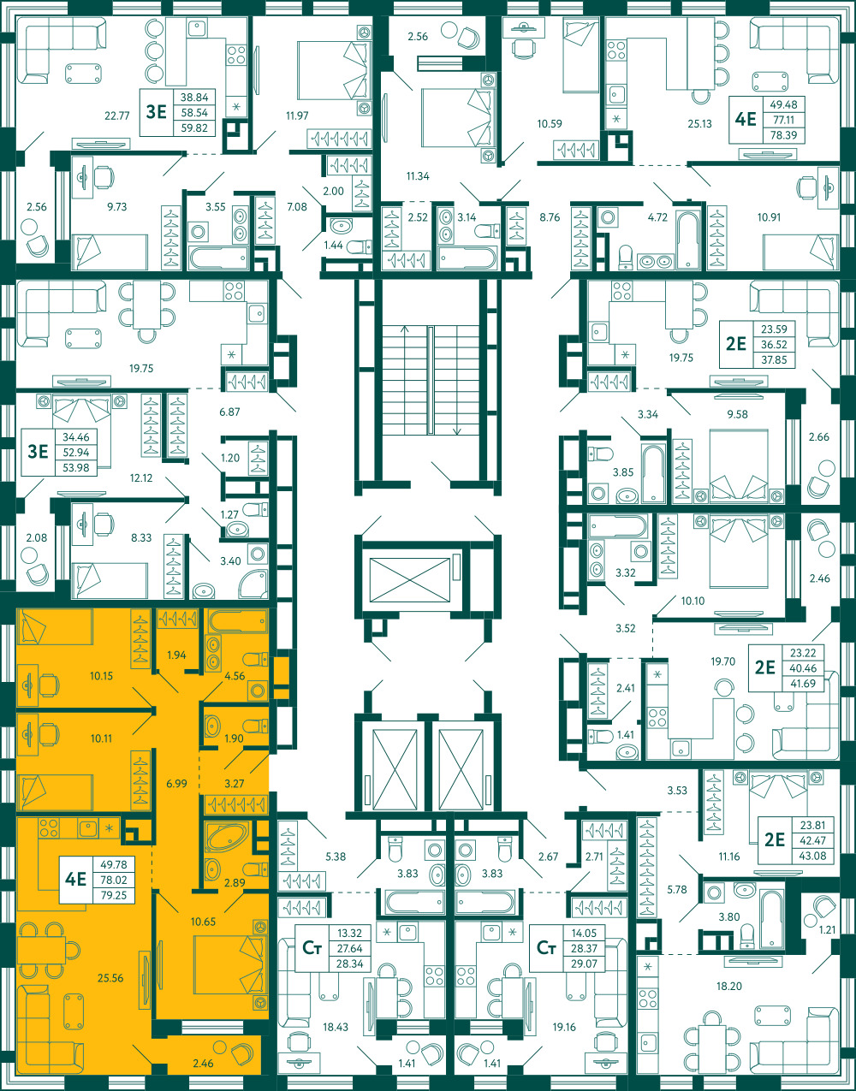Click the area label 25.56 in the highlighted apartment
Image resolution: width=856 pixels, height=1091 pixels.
[x=110, y=977]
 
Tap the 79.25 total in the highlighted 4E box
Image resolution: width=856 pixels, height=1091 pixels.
[x=114, y=895]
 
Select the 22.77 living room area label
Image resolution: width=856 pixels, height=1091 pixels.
[x=117, y=116]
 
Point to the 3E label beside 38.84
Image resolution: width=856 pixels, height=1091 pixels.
[x=156, y=111]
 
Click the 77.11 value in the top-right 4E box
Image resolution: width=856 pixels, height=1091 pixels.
[x=783, y=120]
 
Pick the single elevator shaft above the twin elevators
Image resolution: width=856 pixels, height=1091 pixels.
[x=410, y=579]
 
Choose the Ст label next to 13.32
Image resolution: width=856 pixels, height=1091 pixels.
[x=312, y=947]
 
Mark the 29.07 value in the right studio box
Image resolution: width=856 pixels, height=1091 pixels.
[x=584, y=964]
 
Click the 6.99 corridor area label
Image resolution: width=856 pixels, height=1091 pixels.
[x=176, y=783]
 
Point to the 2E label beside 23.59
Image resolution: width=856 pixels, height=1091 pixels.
[x=736, y=344]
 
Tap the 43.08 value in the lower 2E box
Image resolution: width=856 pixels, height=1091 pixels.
[x=811, y=856]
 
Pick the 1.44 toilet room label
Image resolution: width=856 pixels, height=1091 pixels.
[x=333, y=245]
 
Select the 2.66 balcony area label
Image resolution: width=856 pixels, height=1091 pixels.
[x=819, y=436]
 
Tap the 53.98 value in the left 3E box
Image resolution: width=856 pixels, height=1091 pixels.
[x=76, y=467]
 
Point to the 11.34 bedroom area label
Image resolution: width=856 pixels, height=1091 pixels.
[x=418, y=175]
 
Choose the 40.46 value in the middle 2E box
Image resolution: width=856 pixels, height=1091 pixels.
[x=803, y=667]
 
